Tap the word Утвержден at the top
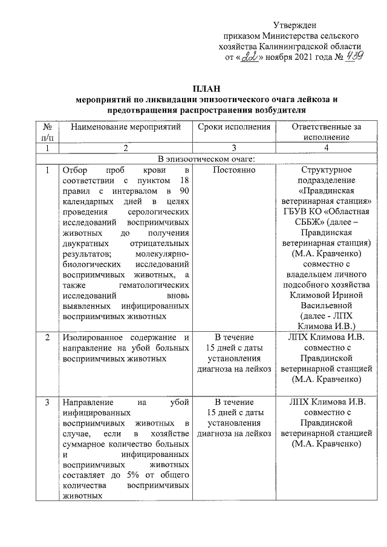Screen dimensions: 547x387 tap(293, 24)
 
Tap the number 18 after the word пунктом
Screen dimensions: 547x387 tap(185, 182)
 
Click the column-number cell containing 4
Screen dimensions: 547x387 tap(326, 148)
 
